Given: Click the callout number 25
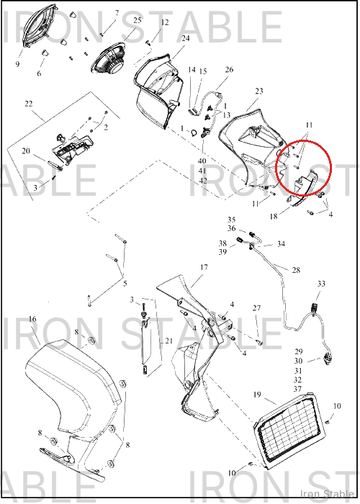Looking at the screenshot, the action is pyautogui.click(x=138, y=20).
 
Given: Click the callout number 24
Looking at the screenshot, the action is pyautogui.click(x=186, y=38).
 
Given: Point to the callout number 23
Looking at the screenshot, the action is pyautogui.click(x=259, y=91).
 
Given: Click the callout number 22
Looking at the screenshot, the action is pyautogui.click(x=29, y=104).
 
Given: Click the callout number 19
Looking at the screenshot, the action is pyautogui.click(x=257, y=395).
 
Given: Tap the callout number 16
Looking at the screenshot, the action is pyautogui.click(x=32, y=319).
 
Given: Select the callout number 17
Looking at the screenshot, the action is pyautogui.click(x=204, y=267).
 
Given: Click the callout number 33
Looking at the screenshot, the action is pyautogui.click(x=321, y=284).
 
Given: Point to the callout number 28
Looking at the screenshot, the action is pyautogui.click(x=296, y=270).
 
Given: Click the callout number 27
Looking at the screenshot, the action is pyautogui.click(x=256, y=308).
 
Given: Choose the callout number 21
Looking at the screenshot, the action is pyautogui.click(x=169, y=341).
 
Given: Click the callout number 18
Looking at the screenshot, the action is pyautogui.click(x=274, y=217).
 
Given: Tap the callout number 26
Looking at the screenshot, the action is pyautogui.click(x=229, y=69).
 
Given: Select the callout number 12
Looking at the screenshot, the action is pyautogui.click(x=165, y=22).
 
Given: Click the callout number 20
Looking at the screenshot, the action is pyautogui.click(x=26, y=150).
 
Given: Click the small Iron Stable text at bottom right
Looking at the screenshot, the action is pyautogui.click(x=328, y=494).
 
